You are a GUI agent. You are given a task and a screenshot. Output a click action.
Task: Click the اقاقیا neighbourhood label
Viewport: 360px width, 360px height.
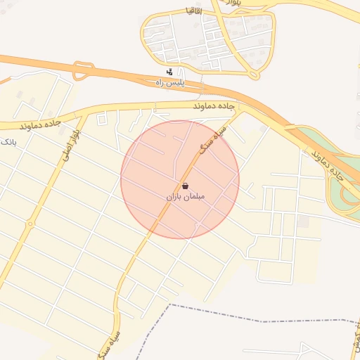pos(194,11)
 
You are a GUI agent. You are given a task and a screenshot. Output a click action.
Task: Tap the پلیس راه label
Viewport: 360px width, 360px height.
pos(169,82)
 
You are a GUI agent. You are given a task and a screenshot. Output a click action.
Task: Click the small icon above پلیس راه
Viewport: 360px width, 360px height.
pos(169,72)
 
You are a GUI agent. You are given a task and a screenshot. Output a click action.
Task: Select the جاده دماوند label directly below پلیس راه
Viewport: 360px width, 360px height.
pos(214,104)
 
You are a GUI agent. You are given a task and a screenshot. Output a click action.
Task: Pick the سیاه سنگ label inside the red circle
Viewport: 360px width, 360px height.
pos(212,143)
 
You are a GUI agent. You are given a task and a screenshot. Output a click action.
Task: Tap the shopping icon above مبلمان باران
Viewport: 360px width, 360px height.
pos(185,186)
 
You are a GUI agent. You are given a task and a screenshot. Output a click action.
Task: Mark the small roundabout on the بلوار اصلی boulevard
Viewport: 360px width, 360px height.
pos(30,225)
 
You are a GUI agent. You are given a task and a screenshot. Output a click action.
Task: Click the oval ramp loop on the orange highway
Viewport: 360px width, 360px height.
pos(83,70)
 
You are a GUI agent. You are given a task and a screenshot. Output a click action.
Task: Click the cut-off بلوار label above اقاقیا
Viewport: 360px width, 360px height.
pos(232,4)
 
